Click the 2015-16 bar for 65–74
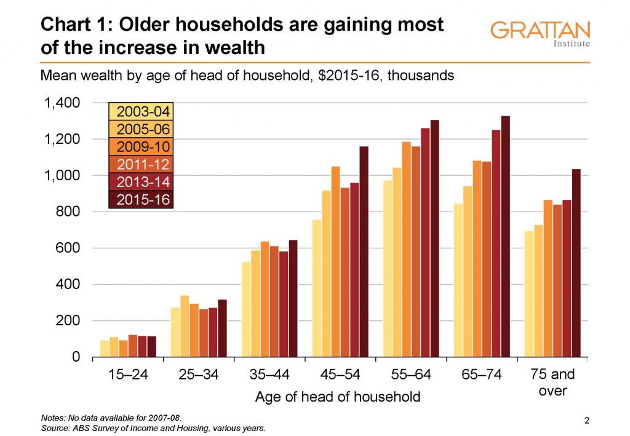tap(505, 237)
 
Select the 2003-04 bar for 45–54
tap(317, 288)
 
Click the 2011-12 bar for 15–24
tap(132, 346)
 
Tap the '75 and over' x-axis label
tap(552, 382)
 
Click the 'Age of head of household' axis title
tap(338, 397)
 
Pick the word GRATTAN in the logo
tap(541, 30)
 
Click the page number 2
tap(586, 421)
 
